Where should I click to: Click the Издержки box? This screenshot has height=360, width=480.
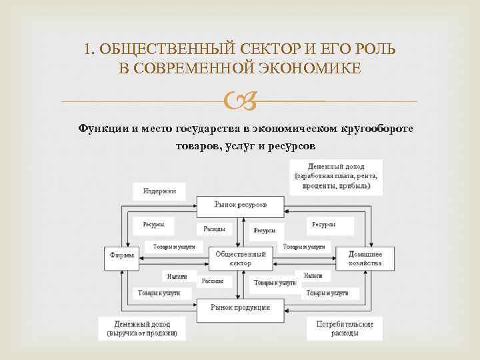pos(159,191)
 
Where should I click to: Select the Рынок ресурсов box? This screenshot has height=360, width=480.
pos(241,205)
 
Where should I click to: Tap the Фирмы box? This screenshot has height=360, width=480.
pos(120,255)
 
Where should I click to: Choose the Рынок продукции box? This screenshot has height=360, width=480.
pos(240,307)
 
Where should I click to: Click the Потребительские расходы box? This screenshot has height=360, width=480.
pos(344,328)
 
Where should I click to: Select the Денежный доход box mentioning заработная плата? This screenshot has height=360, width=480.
pos(336,177)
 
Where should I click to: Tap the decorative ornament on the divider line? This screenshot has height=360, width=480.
pos(239,101)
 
